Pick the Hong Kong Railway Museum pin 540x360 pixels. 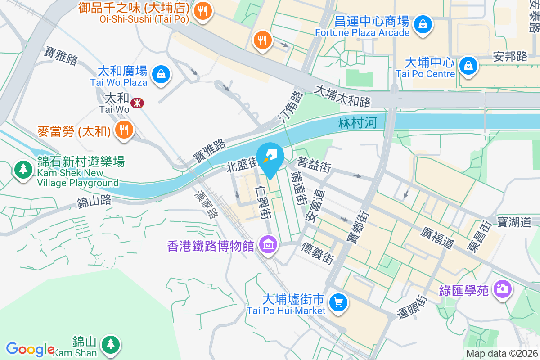click(269, 245)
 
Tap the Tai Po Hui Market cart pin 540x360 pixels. click(338, 302)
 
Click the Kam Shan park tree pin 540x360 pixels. click(110, 344)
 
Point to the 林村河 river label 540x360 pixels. click(358, 123)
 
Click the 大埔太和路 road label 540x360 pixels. click(343, 96)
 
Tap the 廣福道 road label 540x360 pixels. click(437, 238)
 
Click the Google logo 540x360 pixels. click(30, 349)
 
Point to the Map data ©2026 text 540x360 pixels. click(501, 354)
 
